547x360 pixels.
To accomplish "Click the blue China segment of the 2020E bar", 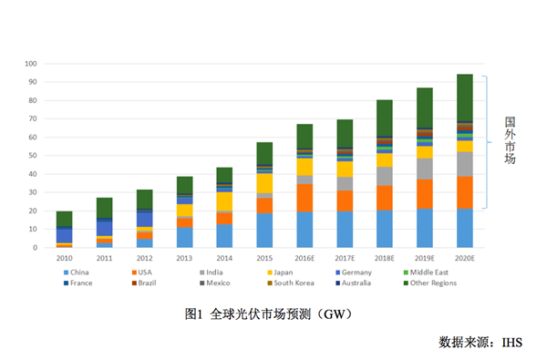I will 464,228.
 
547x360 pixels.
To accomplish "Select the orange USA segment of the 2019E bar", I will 425,193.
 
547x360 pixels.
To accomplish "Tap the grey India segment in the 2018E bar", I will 385,176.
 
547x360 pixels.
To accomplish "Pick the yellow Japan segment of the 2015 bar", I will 264,183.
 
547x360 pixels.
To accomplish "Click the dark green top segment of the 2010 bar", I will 64,219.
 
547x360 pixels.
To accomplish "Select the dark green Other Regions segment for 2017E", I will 345,135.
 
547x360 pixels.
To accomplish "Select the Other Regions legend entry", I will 428,283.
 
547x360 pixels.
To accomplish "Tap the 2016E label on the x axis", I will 304,258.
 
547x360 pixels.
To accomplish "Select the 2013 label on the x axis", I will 184,258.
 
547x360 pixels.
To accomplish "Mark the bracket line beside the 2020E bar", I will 490,141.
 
